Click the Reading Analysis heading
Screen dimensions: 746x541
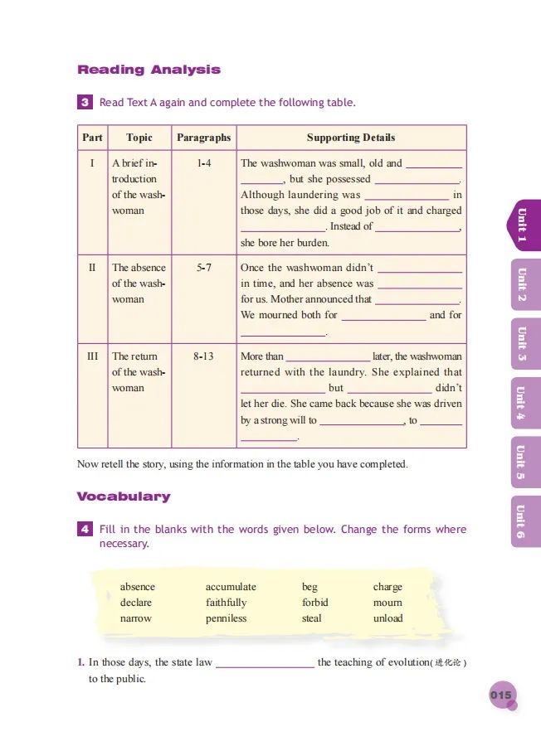tap(149, 70)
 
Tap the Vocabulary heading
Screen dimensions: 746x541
tap(124, 497)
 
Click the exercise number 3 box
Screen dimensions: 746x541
tap(85, 103)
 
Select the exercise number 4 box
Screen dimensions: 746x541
tap(85, 530)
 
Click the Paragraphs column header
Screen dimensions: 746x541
tap(204, 138)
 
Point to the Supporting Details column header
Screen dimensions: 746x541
tap(351, 138)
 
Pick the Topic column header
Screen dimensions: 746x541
tap(139, 138)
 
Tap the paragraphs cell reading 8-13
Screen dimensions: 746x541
tap(203, 356)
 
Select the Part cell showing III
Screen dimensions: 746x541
tap(93, 356)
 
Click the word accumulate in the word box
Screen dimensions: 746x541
tap(231, 587)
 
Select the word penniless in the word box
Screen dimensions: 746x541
tap(226, 618)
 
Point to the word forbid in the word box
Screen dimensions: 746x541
tap(315, 603)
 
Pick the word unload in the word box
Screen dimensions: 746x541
tap(387, 618)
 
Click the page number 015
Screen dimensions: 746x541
tap(501, 695)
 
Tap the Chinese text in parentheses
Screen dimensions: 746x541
tap(453, 663)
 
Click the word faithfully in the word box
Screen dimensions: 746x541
tap(226, 603)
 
